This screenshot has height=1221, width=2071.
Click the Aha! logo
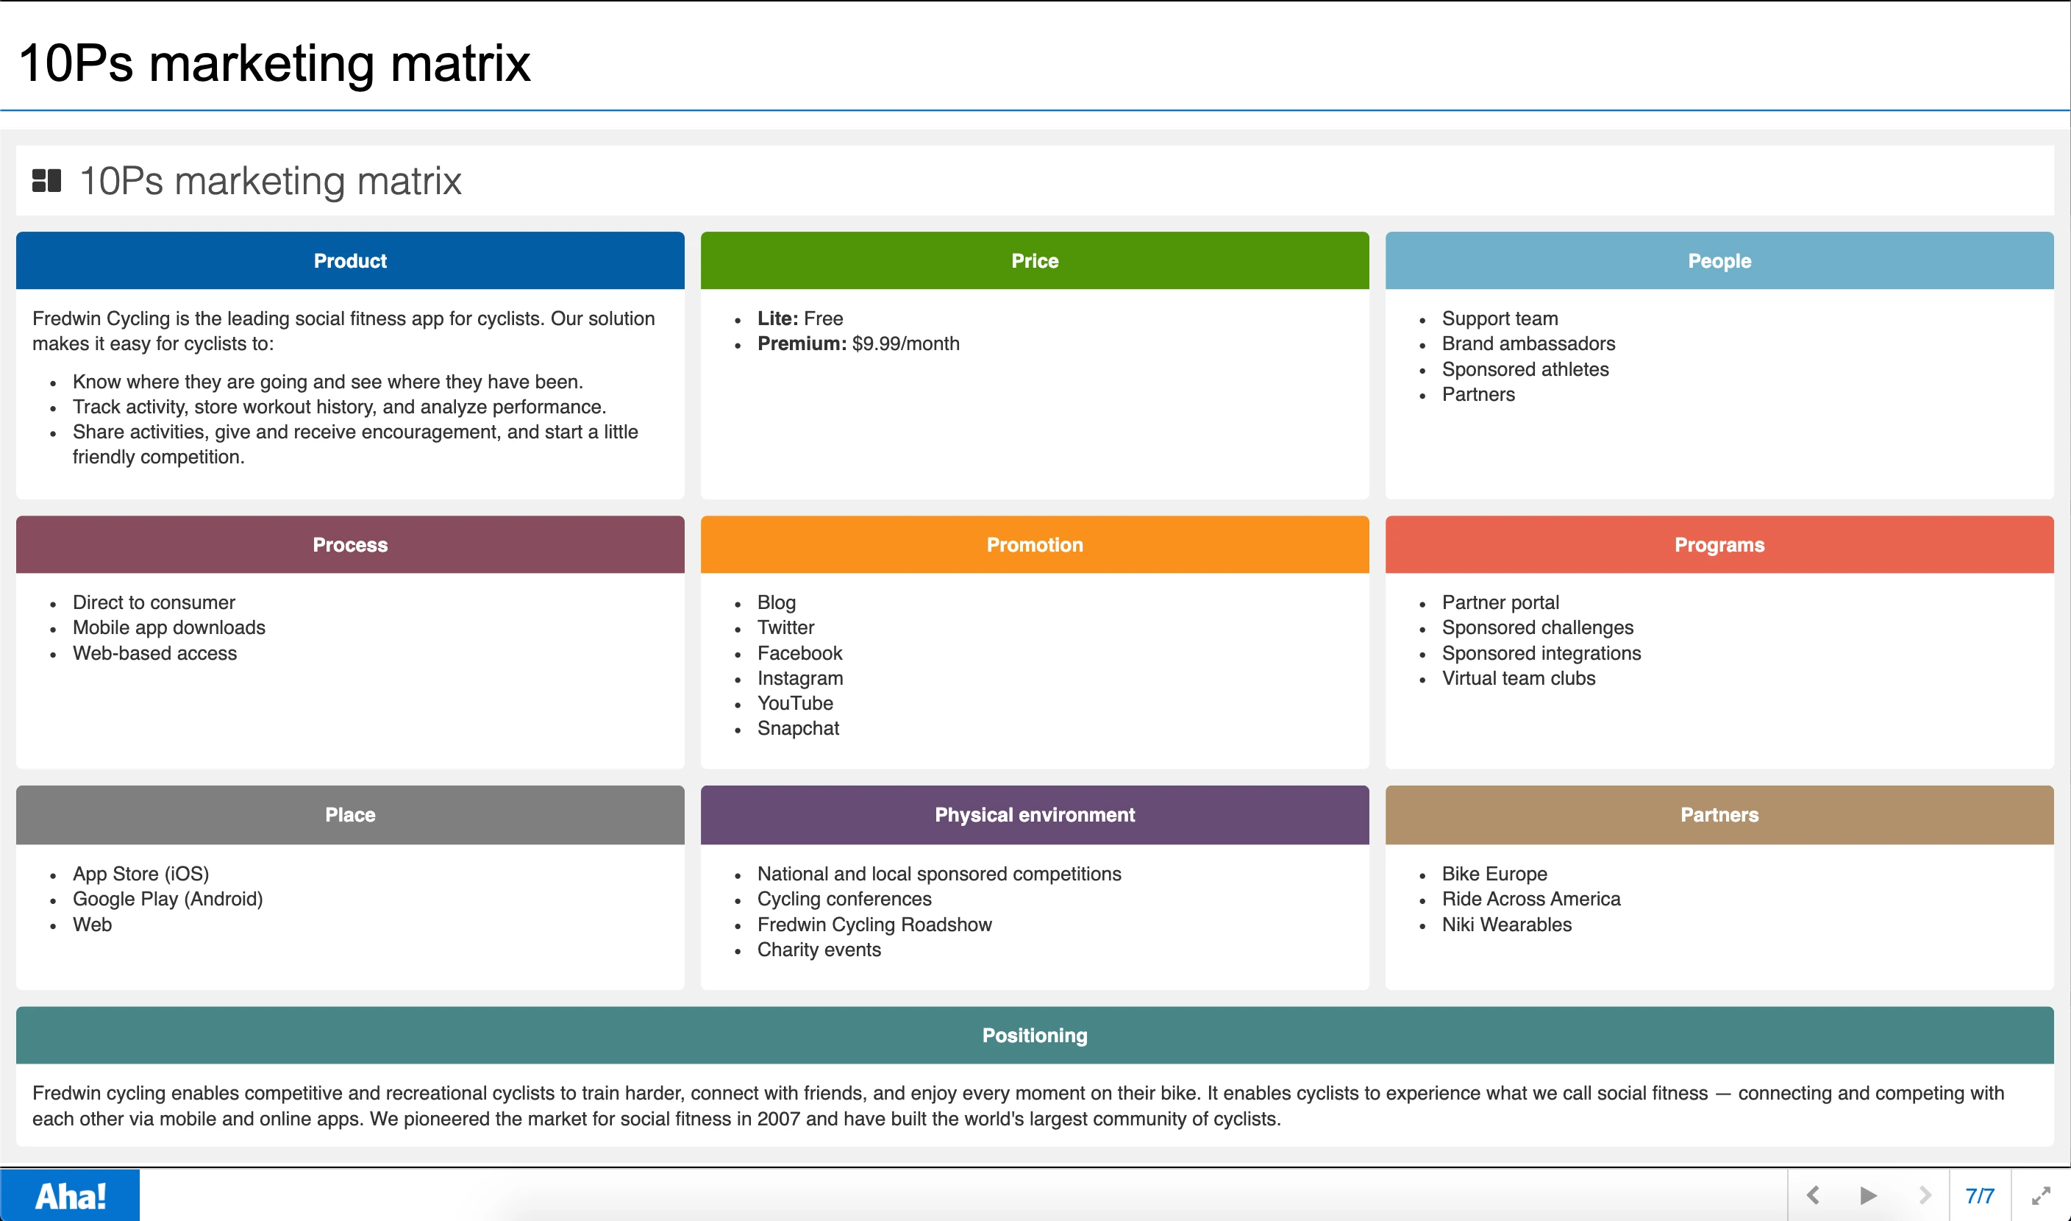click(x=70, y=1195)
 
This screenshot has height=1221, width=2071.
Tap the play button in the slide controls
click(x=1868, y=1195)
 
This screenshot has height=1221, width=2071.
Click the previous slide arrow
click(x=1813, y=1195)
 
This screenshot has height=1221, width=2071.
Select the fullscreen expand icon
click(x=2041, y=1195)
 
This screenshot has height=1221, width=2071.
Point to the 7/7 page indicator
click(x=1980, y=1195)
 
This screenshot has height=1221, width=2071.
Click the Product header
click(x=349, y=261)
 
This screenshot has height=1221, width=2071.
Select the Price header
click(x=1034, y=261)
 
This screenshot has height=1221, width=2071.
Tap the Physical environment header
click(x=1034, y=814)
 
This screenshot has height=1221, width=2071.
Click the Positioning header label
click(x=1034, y=1035)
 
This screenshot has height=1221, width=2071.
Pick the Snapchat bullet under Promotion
click(x=798, y=728)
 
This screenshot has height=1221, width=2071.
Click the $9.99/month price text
click(x=905, y=344)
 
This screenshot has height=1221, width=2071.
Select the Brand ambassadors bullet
click(x=1528, y=344)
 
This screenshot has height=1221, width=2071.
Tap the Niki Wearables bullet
click(x=1506, y=925)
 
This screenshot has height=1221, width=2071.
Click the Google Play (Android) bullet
click(x=168, y=900)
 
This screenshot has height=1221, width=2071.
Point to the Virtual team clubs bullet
click(x=1518, y=678)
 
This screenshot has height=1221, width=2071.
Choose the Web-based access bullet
click(x=154, y=653)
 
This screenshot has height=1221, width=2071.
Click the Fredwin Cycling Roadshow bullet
click(x=874, y=925)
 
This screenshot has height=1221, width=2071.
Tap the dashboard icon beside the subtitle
click(x=46, y=181)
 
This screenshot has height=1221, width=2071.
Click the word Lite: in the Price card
click(x=777, y=318)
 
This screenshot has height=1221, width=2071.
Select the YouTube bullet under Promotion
click(x=794, y=703)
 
